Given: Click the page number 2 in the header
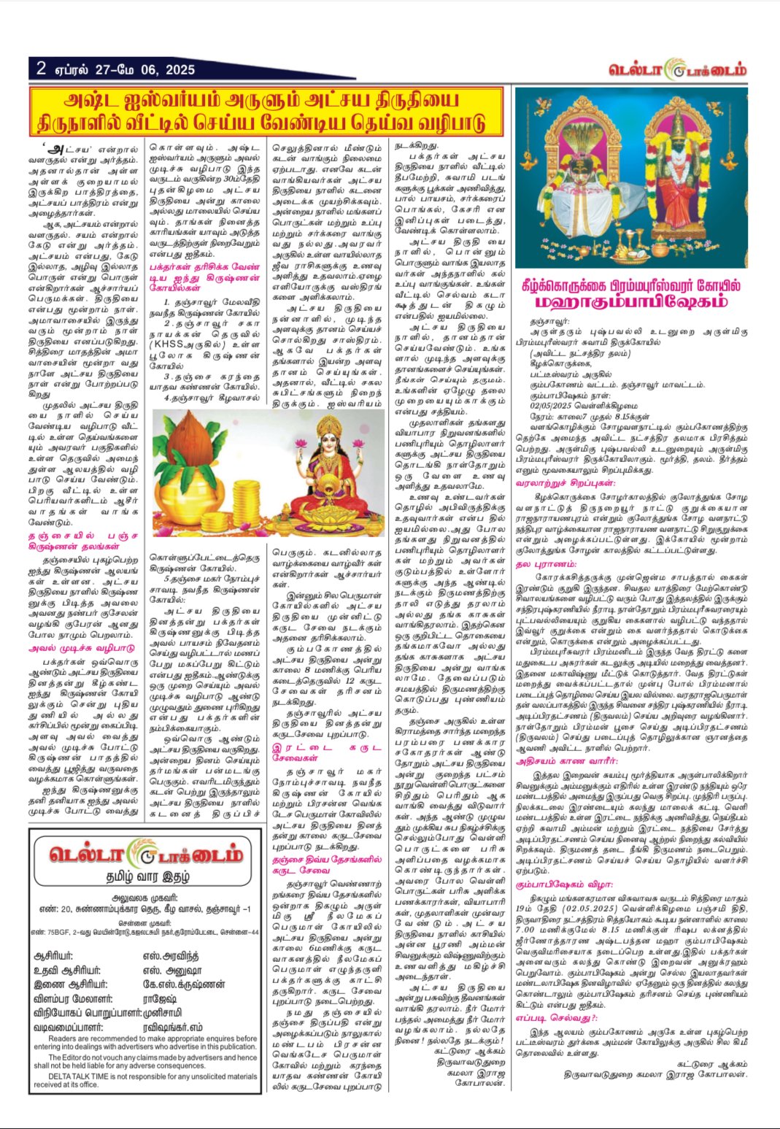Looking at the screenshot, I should [41, 68].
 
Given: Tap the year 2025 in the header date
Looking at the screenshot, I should [179, 70].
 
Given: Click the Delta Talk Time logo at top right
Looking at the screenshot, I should [678, 71].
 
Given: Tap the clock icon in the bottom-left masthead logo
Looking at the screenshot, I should [136, 855].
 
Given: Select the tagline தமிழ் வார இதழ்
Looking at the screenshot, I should [144, 876].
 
